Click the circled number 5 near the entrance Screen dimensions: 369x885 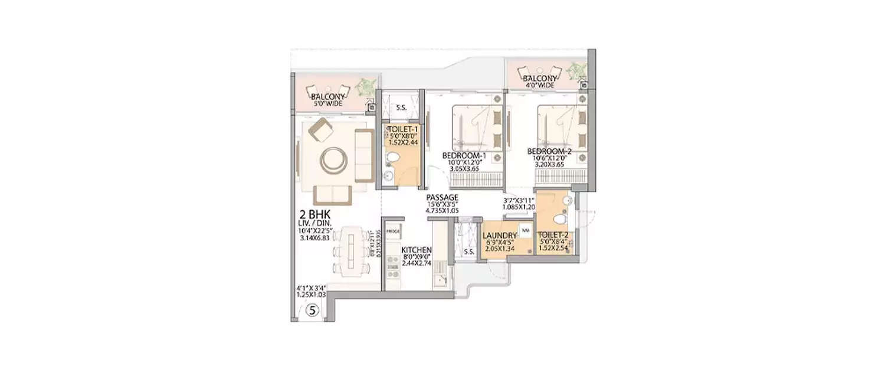[313, 309]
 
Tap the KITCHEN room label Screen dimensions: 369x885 [417, 250]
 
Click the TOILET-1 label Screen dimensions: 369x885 [402, 128]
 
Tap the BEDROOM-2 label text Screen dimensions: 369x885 [549, 151]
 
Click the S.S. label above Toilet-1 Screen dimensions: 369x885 [402, 108]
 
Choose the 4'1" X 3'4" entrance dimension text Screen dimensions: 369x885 [313, 289]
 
